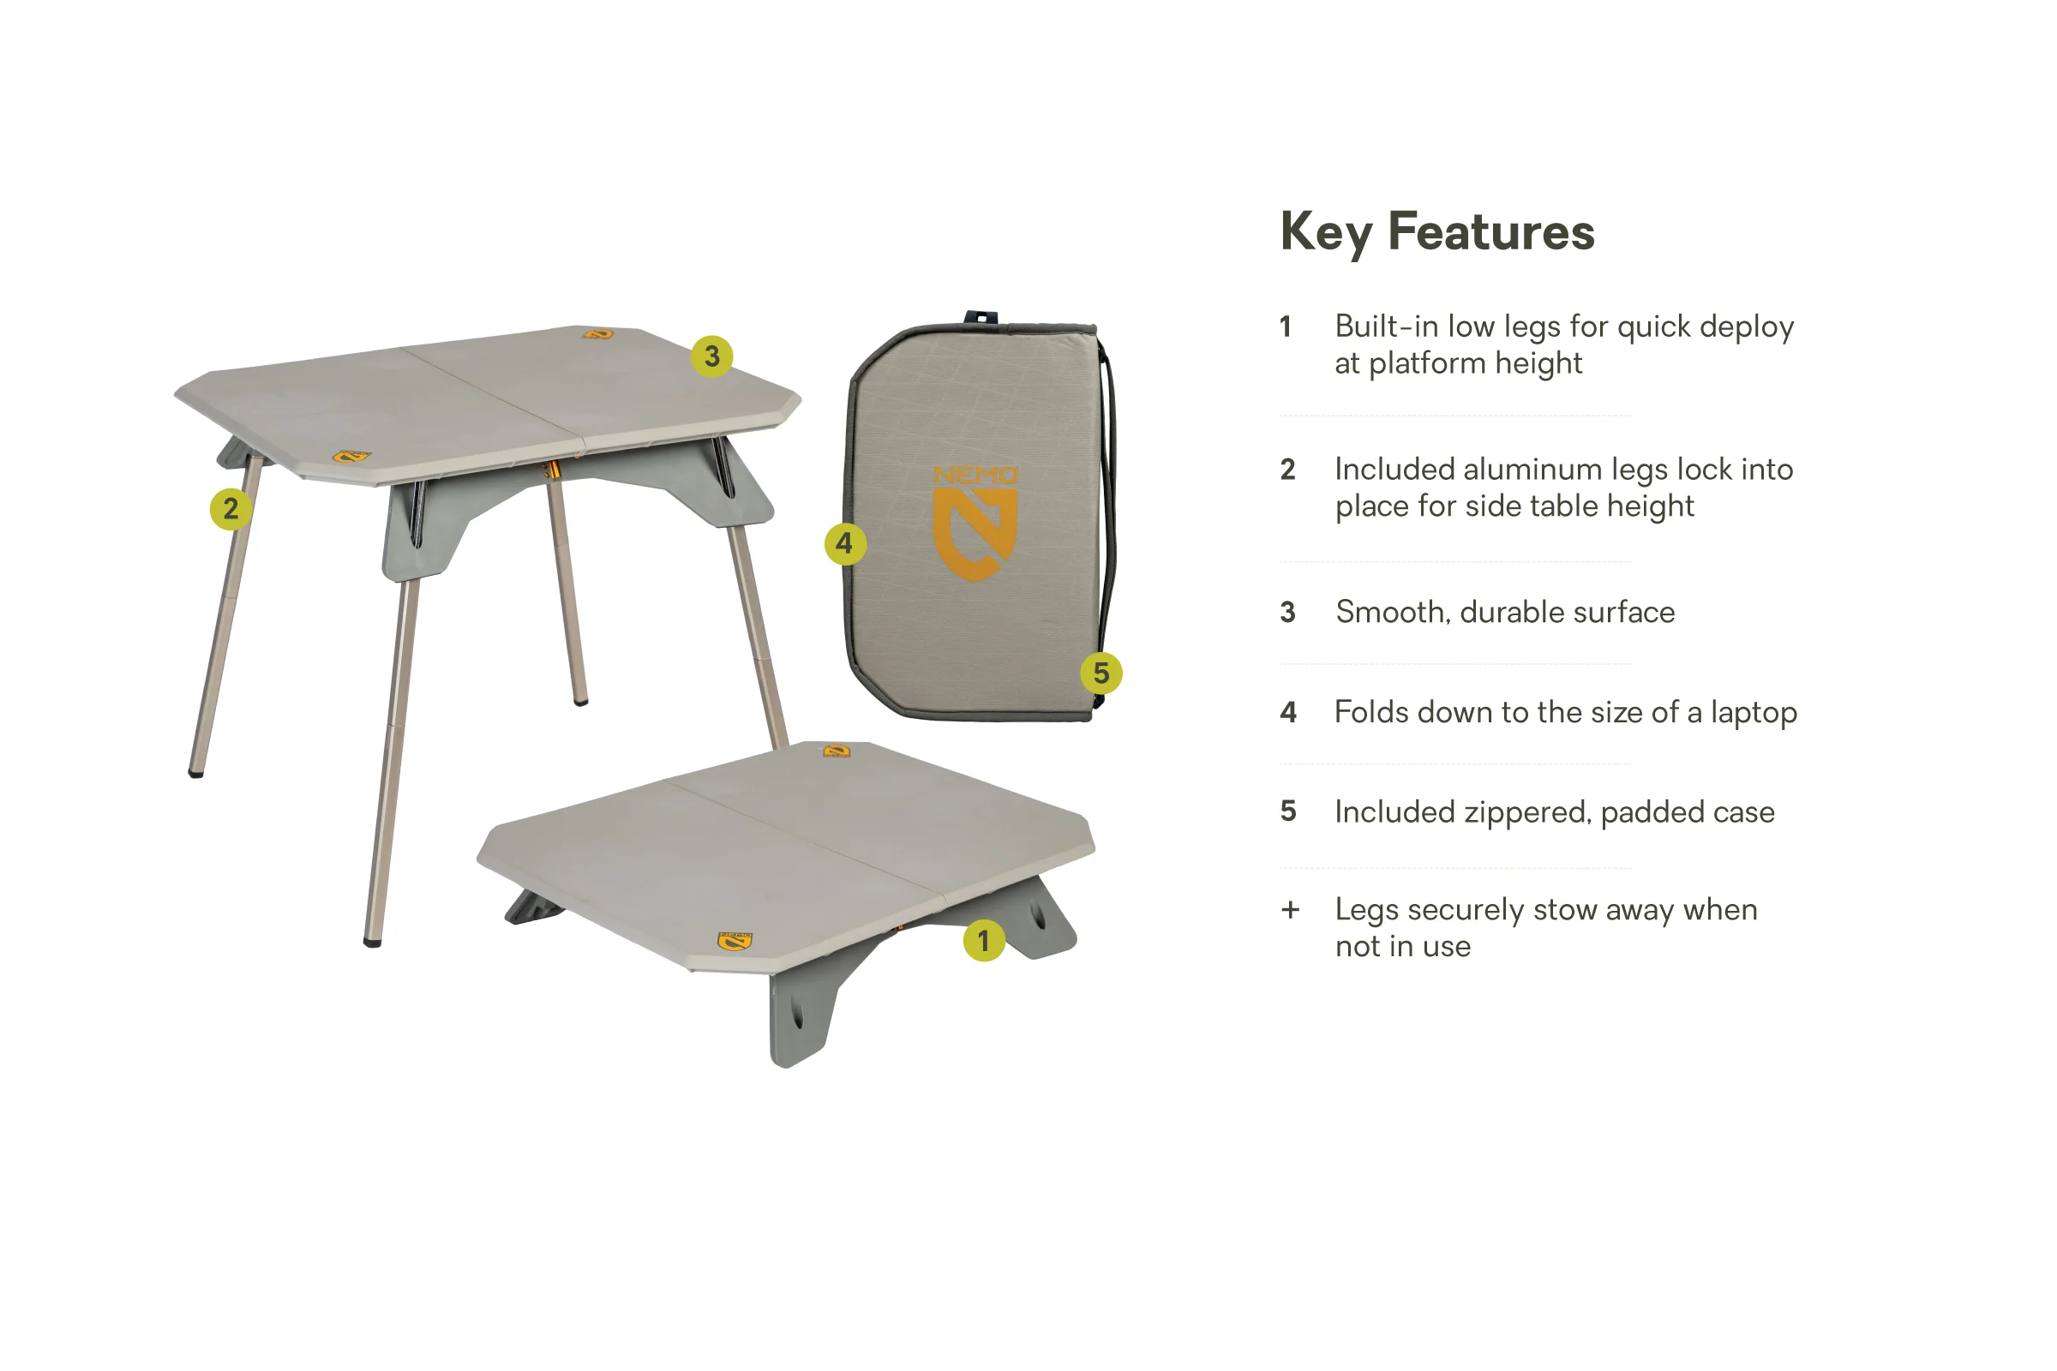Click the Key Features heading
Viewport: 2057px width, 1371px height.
[x=1437, y=231]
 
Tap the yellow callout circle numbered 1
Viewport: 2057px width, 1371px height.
[x=984, y=941]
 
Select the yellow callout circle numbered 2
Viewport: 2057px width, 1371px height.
[x=231, y=508]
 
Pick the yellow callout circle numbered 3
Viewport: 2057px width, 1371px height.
[x=712, y=356]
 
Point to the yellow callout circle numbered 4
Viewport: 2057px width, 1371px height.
[x=845, y=544]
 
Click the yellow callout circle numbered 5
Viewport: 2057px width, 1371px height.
[x=1101, y=674]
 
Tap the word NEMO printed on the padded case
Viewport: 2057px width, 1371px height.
[x=975, y=475]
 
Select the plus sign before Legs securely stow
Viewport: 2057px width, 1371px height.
[x=1290, y=910]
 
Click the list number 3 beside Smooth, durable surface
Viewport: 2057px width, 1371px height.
[x=1287, y=612]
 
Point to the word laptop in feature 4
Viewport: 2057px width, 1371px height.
[x=1754, y=714]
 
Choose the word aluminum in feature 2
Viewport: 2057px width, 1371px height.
[x=1533, y=470]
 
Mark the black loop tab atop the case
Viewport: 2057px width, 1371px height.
[x=981, y=316]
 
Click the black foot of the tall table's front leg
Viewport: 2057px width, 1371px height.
[x=372, y=943]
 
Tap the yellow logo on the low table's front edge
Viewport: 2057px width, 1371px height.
[x=735, y=941]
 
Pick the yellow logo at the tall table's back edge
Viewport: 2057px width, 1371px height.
[x=598, y=334]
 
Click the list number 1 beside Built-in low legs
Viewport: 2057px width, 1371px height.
[x=1286, y=327]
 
